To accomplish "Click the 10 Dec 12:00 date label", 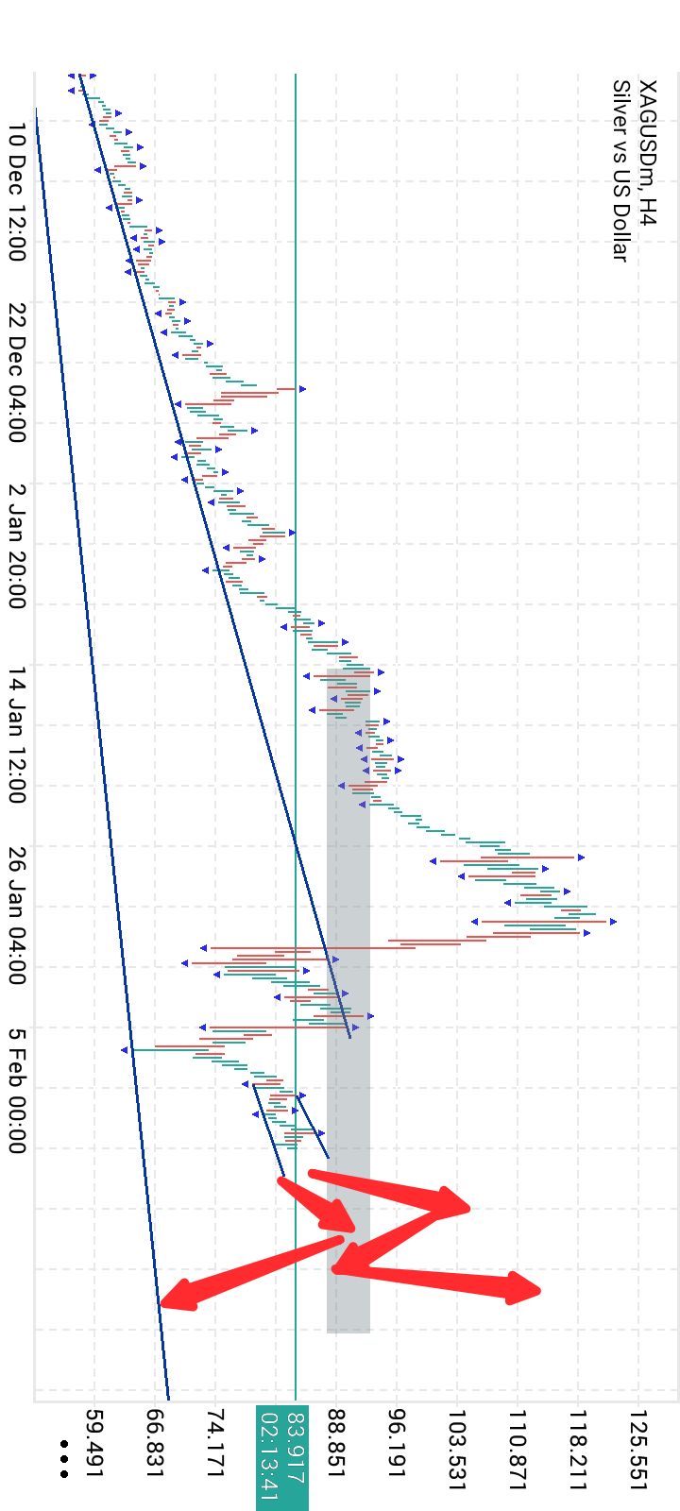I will [x=16, y=193].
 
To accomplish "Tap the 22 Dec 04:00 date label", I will [x=16, y=373].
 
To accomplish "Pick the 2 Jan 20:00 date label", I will [x=16, y=547].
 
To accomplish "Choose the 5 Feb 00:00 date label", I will [x=16, y=1091].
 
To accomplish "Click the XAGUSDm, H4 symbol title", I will [x=646, y=152].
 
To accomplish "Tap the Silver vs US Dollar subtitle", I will [x=620, y=171].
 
